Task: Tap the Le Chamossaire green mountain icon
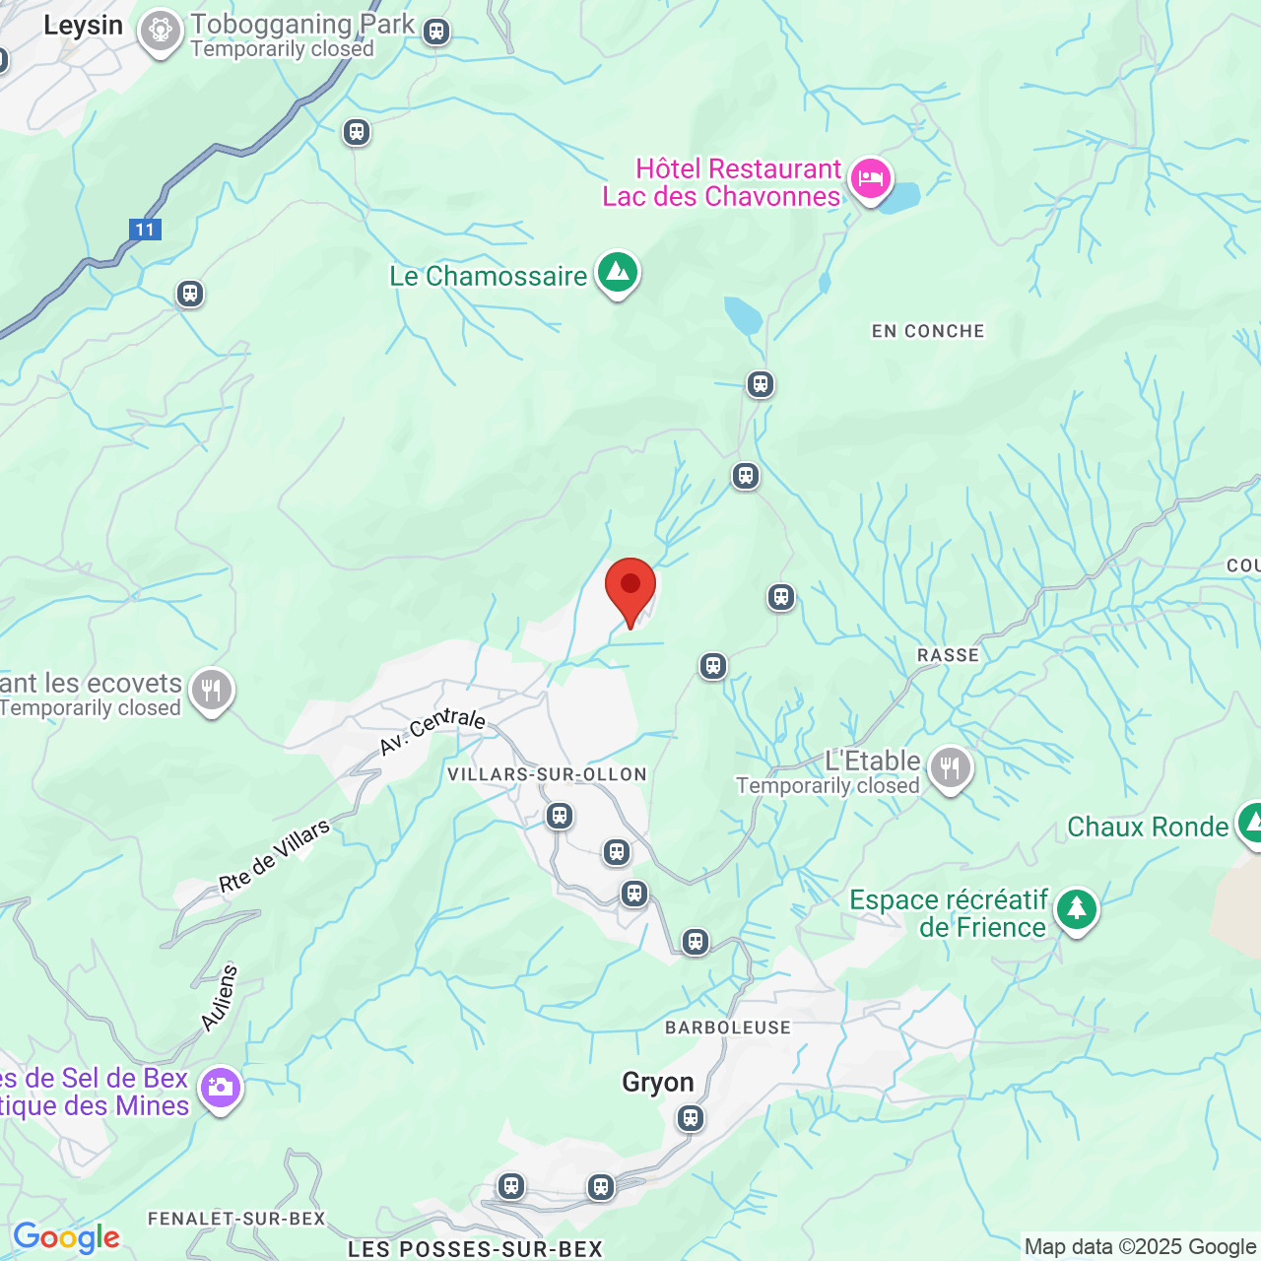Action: point(618,271)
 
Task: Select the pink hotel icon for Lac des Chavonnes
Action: point(871,179)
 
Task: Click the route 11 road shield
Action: point(145,230)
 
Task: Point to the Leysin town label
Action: point(83,26)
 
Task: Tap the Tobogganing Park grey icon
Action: point(159,31)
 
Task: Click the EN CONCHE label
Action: point(928,332)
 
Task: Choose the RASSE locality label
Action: point(948,655)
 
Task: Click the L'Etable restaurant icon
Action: point(950,766)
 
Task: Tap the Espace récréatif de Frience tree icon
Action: point(1076,909)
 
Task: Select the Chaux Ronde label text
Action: point(1148,828)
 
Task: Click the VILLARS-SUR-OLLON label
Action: point(547,774)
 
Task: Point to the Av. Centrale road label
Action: point(432,730)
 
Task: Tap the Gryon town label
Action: point(658,1083)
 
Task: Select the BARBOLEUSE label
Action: point(728,1028)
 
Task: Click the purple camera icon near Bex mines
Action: point(220,1088)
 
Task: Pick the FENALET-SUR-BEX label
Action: point(236,1219)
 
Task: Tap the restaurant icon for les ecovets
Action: point(211,690)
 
